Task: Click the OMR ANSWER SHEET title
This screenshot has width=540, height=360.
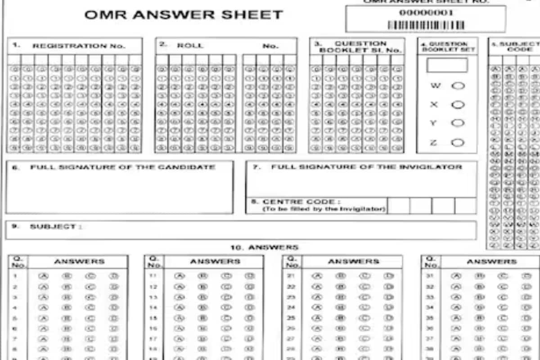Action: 184,15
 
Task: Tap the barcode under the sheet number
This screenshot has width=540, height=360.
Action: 426,25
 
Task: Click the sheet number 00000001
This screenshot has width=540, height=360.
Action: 426,13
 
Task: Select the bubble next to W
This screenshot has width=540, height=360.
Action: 458,85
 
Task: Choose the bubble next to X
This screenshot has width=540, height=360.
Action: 458,105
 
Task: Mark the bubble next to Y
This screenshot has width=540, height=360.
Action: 458,123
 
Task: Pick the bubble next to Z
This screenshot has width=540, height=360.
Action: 458,143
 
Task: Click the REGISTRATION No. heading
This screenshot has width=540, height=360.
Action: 79,46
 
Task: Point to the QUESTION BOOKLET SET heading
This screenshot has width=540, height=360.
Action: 448,47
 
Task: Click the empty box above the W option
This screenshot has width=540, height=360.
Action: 447,65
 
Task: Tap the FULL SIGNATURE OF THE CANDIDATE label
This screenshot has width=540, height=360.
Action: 122,167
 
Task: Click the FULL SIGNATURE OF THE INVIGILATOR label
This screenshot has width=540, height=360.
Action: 366,167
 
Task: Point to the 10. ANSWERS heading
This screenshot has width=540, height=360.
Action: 264,247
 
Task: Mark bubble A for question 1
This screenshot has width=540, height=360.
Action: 43,275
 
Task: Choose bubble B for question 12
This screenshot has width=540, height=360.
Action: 202,287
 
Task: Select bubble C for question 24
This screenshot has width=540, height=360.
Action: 364,308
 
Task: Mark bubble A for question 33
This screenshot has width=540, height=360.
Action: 456,297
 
